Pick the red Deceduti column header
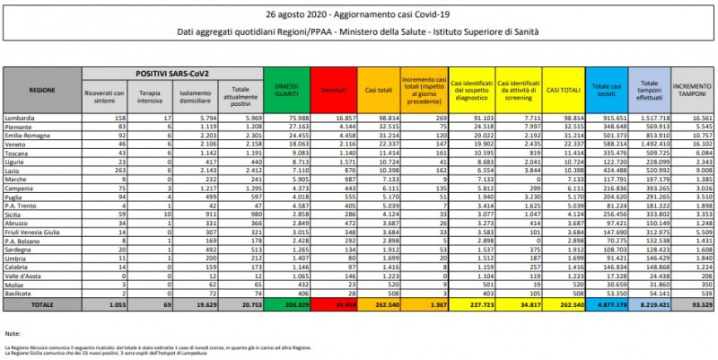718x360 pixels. click(333, 89)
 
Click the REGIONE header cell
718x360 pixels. click(41, 89)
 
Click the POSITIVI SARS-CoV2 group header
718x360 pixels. click(173, 71)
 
